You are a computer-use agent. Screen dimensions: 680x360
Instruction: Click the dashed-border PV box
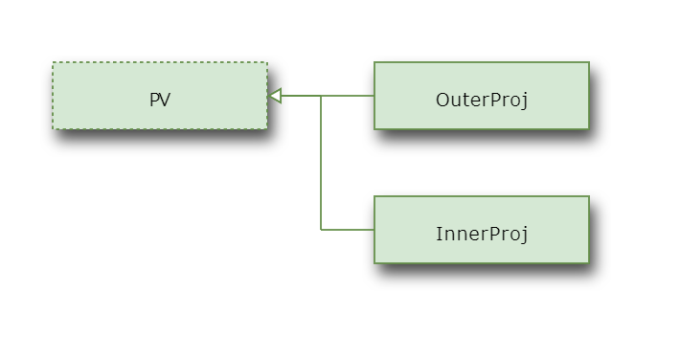coord(160,96)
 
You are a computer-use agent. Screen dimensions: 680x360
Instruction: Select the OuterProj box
coord(482,96)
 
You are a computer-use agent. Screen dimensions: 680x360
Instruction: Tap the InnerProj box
coord(482,230)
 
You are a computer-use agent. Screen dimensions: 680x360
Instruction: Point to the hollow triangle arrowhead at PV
coord(275,96)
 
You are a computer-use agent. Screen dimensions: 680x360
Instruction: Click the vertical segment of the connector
coord(321,162)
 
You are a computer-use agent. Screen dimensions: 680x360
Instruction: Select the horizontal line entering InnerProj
coord(348,230)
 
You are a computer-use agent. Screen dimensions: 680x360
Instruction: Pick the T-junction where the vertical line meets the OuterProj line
coord(321,96)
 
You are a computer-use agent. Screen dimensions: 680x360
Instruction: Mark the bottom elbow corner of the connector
coord(321,230)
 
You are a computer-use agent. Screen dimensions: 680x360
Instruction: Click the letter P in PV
coord(154,100)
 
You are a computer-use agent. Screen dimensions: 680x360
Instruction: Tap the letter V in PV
coord(165,100)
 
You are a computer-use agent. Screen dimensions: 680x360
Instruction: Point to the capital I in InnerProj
coord(439,234)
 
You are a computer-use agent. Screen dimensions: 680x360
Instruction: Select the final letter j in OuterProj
coord(525,101)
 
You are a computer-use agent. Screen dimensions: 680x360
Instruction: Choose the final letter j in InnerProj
coord(525,236)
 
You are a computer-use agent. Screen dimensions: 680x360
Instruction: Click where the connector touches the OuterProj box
coord(374,96)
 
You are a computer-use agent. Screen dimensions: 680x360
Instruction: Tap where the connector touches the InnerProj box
coord(374,230)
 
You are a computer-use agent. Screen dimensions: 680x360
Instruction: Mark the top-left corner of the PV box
coord(53,62)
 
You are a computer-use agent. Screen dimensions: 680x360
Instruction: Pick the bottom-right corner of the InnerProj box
coord(589,263)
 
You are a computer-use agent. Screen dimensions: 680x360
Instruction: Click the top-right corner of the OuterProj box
coord(589,62)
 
